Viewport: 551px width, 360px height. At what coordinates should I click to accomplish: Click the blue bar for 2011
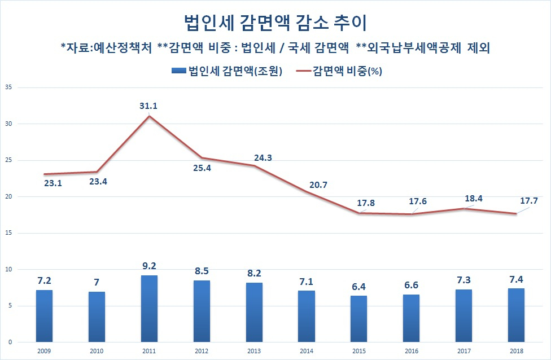149,309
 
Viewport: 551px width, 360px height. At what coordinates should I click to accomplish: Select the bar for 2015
358,319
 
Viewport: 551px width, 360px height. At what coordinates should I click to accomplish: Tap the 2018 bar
516,315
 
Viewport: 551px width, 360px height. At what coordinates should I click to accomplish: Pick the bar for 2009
44,316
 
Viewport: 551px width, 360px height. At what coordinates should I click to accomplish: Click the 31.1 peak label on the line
148,106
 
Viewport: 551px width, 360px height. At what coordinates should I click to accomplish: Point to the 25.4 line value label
202,168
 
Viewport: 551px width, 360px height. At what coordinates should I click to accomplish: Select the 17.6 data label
418,201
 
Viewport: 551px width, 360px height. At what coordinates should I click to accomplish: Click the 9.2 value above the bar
149,266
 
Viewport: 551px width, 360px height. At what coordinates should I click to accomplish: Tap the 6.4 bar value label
359,287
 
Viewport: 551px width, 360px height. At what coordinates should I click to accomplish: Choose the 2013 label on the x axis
253,351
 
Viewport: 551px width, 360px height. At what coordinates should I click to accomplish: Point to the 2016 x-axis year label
411,351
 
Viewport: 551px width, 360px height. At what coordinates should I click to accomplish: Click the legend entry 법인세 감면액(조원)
227,71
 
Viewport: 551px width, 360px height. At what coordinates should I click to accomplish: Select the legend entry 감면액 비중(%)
339,71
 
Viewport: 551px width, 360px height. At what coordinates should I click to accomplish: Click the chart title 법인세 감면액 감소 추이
275,23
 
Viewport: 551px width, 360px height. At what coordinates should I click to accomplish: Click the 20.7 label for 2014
318,185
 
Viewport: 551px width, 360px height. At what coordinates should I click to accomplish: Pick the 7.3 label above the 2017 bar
463,280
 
